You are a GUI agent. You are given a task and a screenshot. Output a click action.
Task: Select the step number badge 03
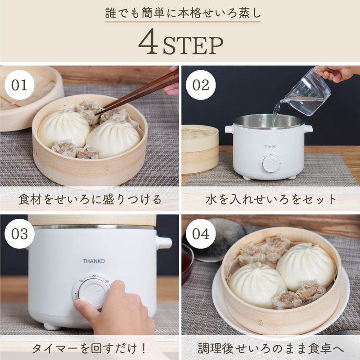click(19, 234)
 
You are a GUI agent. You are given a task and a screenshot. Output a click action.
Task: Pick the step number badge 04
click(201, 234)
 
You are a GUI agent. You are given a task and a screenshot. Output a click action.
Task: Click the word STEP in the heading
click(193, 45)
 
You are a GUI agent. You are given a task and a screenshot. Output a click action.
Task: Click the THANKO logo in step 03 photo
click(93, 261)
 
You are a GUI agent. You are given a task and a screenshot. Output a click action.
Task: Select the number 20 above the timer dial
click(94, 276)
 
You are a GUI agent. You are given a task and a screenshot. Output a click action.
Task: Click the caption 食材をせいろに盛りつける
click(90, 199)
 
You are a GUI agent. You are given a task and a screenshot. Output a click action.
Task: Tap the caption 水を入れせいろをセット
click(270, 199)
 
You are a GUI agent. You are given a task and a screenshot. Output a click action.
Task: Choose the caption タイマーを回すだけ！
click(90, 348)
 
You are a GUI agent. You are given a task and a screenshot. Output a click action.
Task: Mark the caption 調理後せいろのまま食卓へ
click(270, 348)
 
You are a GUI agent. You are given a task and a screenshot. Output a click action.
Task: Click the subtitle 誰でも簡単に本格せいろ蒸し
click(180, 13)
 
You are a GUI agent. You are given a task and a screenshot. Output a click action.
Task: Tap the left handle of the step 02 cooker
click(229, 129)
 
